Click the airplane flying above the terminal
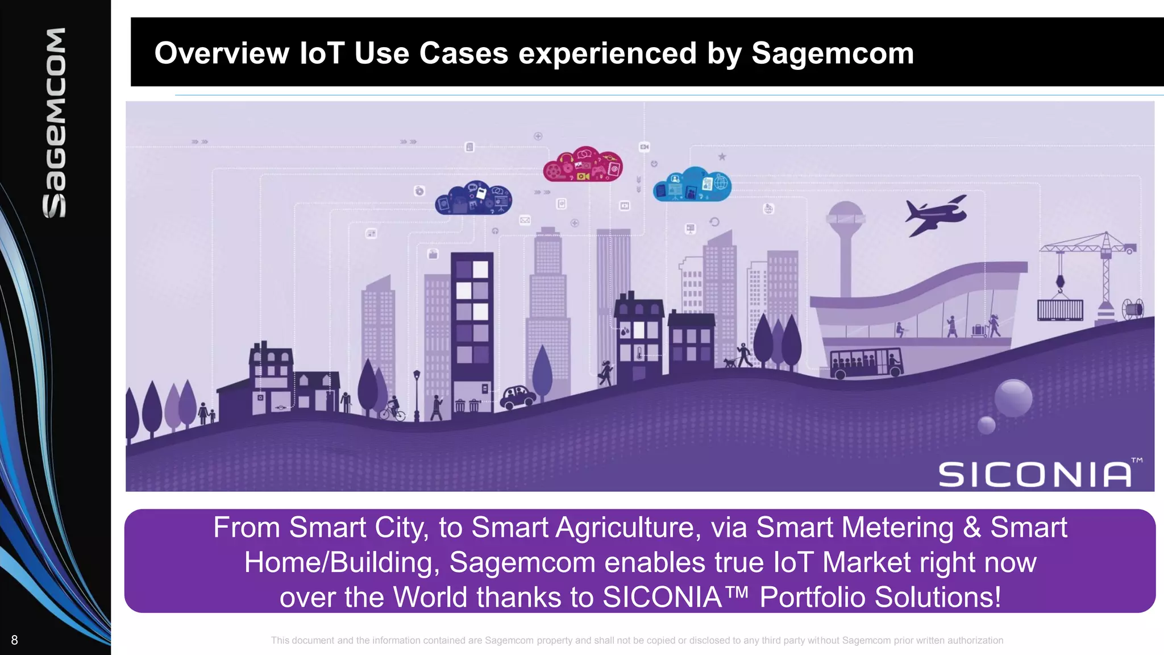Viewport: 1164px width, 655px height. (x=935, y=215)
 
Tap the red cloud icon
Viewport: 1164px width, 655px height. (x=583, y=164)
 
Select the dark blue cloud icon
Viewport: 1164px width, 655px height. (x=474, y=199)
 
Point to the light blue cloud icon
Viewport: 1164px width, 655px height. (x=692, y=185)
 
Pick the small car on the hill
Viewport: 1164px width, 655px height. (x=517, y=396)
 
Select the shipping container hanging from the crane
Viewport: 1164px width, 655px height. (x=1060, y=310)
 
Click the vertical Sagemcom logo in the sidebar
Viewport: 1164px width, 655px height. (x=55, y=122)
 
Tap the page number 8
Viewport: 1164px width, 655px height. (x=15, y=640)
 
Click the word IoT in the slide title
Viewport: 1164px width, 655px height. (x=322, y=53)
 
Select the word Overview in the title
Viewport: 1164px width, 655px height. (x=222, y=53)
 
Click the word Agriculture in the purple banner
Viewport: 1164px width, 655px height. (x=625, y=528)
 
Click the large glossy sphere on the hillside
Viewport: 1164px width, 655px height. (x=1013, y=397)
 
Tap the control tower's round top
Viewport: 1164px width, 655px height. (x=846, y=217)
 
